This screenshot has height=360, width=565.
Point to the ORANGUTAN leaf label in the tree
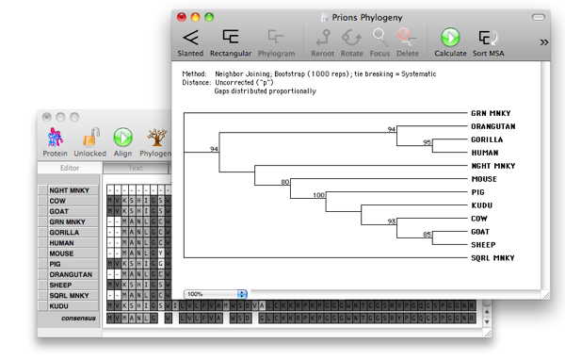tap(493, 125)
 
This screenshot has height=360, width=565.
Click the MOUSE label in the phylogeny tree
tap(484, 178)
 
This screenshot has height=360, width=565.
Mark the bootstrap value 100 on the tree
tap(317, 195)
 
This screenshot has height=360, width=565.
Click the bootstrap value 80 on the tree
tap(284, 182)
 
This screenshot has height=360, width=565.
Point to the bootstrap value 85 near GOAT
tap(426, 235)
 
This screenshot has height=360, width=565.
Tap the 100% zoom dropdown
tap(216, 294)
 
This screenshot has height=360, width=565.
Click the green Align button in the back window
tap(123, 139)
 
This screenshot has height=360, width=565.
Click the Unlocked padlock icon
tap(89, 139)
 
